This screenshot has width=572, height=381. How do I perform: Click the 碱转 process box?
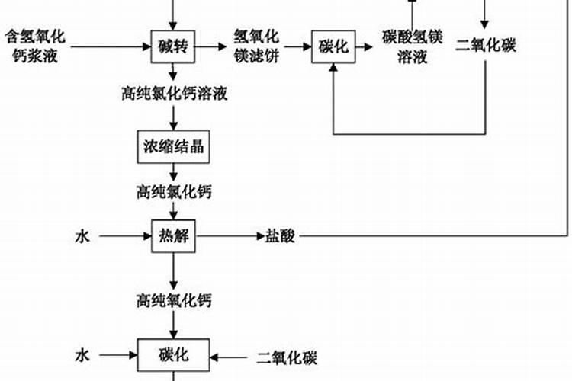click(174, 46)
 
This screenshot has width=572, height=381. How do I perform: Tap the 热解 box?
click(174, 236)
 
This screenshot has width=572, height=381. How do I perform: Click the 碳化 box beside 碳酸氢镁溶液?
click(333, 46)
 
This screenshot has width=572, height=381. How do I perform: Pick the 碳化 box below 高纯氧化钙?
click(174, 355)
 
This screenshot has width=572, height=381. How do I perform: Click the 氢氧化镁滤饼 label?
click(256, 46)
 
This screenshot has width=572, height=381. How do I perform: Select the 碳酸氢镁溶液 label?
click(412, 46)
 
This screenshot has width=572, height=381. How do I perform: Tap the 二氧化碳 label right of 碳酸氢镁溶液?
click(485, 46)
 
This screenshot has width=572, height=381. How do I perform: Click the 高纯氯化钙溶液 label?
click(174, 94)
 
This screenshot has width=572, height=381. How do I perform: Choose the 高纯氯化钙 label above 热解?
click(174, 191)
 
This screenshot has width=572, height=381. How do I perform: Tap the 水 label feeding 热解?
click(82, 237)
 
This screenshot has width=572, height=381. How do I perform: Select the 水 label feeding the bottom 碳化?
click(82, 356)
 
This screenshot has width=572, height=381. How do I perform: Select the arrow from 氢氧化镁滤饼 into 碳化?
click(297, 46)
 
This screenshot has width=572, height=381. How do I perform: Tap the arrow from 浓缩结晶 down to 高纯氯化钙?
click(174, 173)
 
